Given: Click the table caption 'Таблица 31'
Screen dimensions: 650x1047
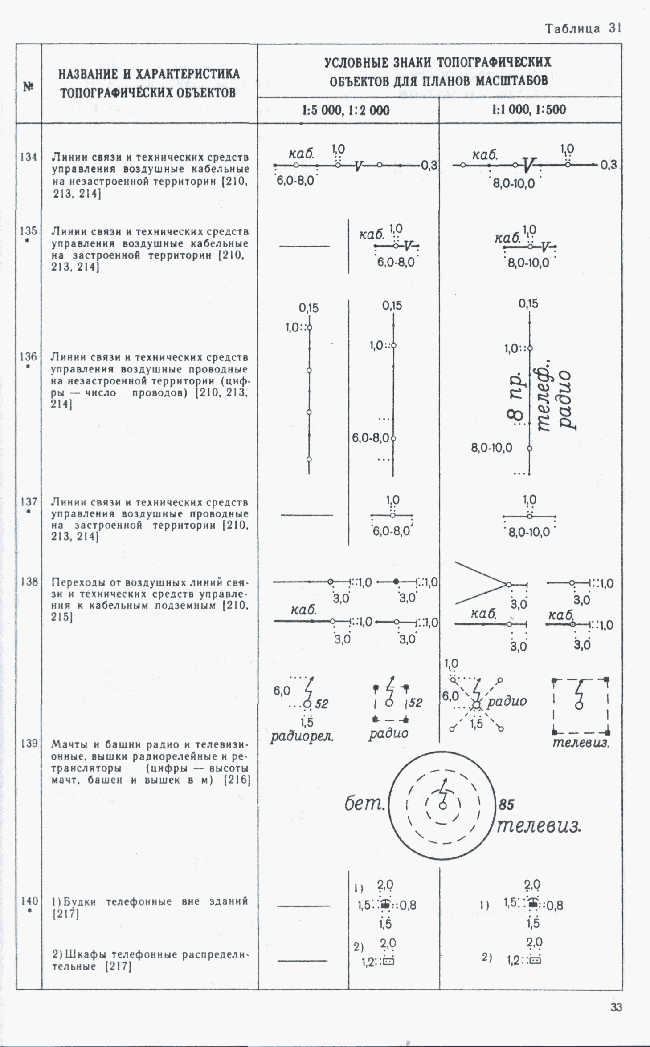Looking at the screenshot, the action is pyautogui.click(x=583, y=28).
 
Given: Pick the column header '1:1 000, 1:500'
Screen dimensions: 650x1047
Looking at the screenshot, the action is pyautogui.click(x=529, y=109).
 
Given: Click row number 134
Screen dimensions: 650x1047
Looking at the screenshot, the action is pyautogui.click(x=29, y=157).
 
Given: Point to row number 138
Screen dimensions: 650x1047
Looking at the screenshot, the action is pyautogui.click(x=29, y=582).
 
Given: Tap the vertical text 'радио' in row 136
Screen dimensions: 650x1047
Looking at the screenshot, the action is pyautogui.click(x=565, y=400).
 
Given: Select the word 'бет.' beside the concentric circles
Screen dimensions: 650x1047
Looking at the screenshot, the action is pyautogui.click(x=364, y=804).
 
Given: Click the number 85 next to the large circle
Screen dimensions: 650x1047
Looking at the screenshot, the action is pyautogui.click(x=506, y=804).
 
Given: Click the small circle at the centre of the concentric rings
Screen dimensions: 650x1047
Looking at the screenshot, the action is pyautogui.click(x=442, y=806).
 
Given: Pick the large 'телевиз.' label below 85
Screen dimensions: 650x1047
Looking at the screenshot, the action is pyautogui.click(x=539, y=826).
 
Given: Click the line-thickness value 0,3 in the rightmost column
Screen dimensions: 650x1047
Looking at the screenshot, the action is pyautogui.click(x=609, y=165).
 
